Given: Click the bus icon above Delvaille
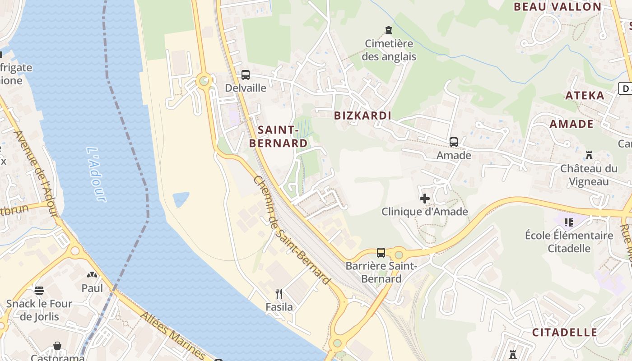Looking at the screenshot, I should coord(246,75).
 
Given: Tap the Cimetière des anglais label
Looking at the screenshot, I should coord(389,50).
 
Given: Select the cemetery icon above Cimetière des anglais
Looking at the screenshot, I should coord(388,31).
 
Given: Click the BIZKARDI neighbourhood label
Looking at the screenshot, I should coord(362,116).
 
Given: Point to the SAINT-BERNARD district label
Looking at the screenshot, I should coord(278,137).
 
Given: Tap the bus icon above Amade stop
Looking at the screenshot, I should coord(454,142).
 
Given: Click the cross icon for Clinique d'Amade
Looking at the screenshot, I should coord(424,199).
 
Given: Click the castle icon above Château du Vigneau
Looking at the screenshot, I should coord(589,155).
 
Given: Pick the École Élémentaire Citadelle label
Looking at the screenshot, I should coord(569,242).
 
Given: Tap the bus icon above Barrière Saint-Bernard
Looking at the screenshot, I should coord(381,253).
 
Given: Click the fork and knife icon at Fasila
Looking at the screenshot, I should coord(279,294).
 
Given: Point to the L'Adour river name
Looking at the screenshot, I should coord(96,174).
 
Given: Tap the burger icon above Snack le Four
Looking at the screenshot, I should coord(39,291).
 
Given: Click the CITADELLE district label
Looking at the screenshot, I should coord(564,333).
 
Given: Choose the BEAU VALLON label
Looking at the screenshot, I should coord(558,7).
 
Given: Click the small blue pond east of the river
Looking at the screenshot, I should coord(181,199).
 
